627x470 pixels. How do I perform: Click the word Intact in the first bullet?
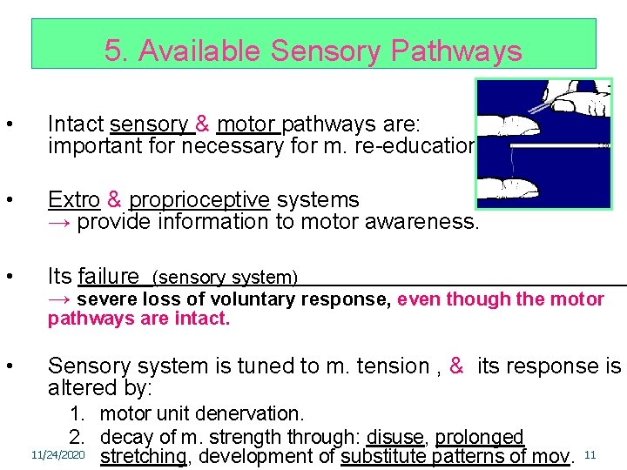click(76, 125)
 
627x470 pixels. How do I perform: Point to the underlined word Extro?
click(74, 199)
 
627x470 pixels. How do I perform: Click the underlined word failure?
click(108, 277)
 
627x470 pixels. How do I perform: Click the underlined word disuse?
click(396, 436)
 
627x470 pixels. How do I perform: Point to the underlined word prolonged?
click(479, 436)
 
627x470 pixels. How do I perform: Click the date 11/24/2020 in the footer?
click(57, 455)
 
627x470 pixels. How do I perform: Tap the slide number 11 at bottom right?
click(590, 455)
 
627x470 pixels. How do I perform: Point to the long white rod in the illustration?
click(557, 146)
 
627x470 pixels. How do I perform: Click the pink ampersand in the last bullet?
click(456, 366)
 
